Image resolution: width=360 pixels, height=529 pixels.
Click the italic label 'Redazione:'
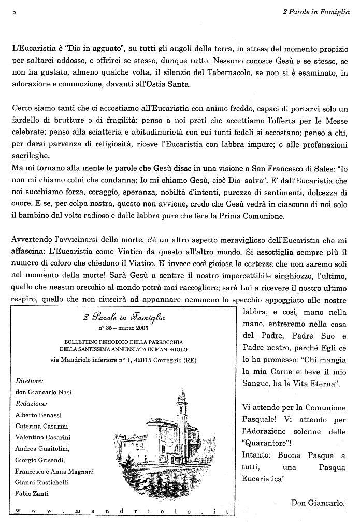(32, 403)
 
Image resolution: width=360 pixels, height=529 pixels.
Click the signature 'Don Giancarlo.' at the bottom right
(318, 502)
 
